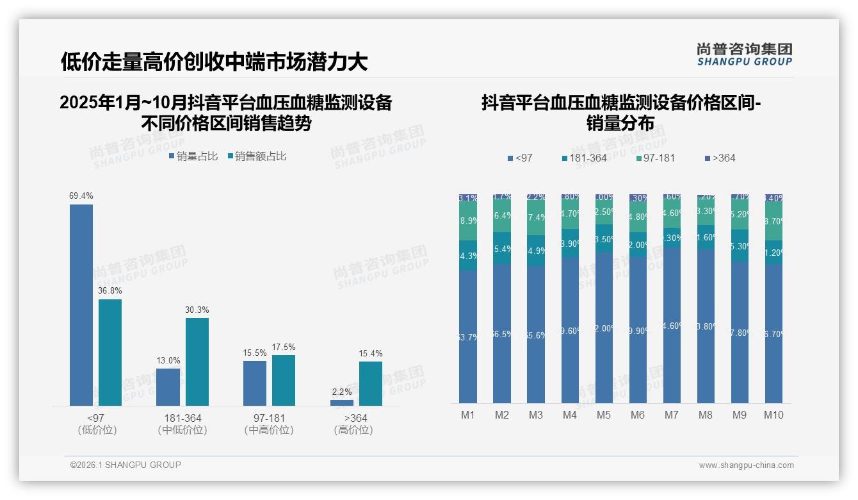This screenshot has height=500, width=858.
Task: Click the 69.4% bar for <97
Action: coord(81,304)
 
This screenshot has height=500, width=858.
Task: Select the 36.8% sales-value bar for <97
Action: coord(110,352)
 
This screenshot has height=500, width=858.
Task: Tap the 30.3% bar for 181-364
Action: coord(197,362)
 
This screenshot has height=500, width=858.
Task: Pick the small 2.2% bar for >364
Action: coord(342,403)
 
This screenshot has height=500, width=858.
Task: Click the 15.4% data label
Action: coord(371,353)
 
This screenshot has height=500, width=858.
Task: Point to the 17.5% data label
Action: coord(284,347)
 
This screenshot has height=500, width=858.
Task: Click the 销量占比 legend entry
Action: coord(193,156)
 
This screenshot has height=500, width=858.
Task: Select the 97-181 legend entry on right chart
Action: coord(656,158)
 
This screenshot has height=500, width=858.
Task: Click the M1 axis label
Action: coord(468,415)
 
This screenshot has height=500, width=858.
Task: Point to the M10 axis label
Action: coord(773,415)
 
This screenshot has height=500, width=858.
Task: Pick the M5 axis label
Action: coord(604,415)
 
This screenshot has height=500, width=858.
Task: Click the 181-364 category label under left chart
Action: coord(182,418)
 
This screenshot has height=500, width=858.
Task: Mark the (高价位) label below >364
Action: coord(353,430)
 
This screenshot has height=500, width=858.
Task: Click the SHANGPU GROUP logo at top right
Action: coord(744,54)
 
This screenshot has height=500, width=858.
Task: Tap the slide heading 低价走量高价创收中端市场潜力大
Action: coord(214,62)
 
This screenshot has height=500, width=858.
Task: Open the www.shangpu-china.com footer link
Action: coord(746,465)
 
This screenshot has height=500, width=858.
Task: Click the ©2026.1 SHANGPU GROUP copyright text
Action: coord(125,465)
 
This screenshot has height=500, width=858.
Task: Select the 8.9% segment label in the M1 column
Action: coord(468,221)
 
